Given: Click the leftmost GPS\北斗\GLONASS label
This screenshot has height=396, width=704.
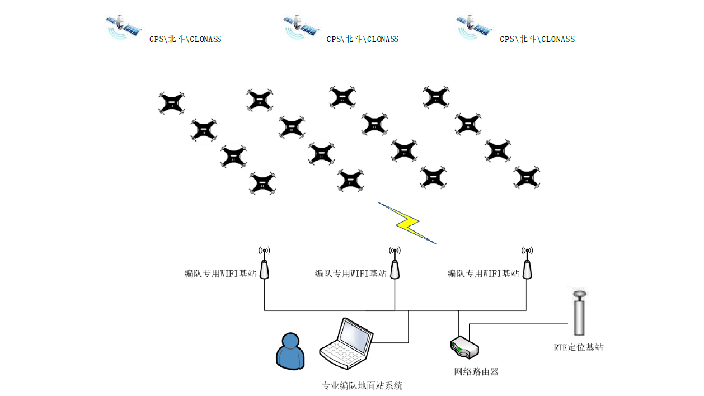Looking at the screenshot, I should tap(185, 39).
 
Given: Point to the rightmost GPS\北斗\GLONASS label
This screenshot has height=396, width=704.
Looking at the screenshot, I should tap(537, 39).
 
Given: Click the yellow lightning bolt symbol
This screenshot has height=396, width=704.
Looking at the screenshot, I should tap(407, 223).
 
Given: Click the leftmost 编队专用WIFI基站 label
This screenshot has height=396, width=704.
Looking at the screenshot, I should tap(220, 274).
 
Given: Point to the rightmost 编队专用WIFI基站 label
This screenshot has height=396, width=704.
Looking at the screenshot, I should tap(483, 274).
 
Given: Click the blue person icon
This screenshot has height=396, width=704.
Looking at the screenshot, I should tap(291, 351).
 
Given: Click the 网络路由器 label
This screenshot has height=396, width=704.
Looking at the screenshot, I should tap(476, 371).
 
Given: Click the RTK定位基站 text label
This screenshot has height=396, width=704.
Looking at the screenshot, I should tap(579, 347).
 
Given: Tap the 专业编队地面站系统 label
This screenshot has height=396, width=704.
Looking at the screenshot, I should tap(363, 385).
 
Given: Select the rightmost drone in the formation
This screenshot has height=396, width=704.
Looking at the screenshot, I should tap(527, 177).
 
